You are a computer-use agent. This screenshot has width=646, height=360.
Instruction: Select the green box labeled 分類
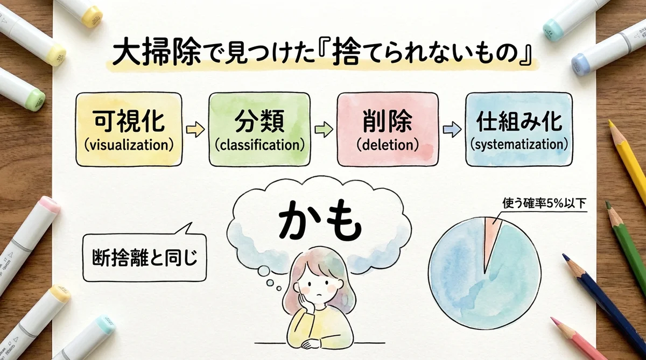(259, 129)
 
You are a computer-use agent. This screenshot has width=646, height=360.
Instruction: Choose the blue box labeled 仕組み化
(519, 129)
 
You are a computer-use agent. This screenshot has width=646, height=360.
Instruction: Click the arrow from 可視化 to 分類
(195, 130)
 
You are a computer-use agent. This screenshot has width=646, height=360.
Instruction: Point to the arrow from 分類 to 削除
(323, 130)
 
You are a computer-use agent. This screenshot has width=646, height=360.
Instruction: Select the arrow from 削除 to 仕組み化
(452, 130)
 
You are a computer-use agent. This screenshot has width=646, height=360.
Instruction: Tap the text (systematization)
(519, 144)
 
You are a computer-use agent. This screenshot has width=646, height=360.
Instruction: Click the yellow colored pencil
(630, 161)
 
